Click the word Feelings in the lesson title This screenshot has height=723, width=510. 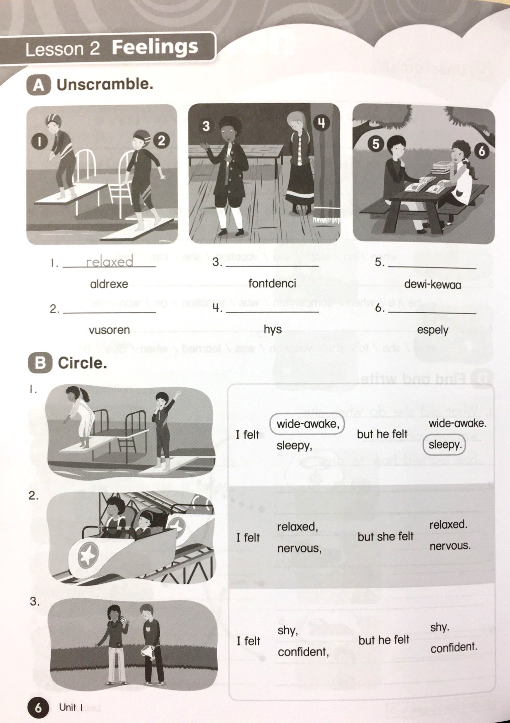(x=155, y=47)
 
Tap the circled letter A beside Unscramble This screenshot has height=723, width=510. (x=39, y=85)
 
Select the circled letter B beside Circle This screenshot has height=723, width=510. (x=40, y=363)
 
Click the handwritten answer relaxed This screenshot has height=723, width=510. (x=110, y=262)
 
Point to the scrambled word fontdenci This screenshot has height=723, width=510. (x=272, y=283)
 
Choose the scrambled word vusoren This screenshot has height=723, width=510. (x=109, y=330)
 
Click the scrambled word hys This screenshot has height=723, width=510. (x=273, y=329)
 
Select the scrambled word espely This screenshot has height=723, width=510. (x=432, y=330)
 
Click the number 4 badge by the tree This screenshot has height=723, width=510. (x=321, y=123)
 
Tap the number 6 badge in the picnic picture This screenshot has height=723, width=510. (x=481, y=151)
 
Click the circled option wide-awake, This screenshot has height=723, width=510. (x=307, y=424)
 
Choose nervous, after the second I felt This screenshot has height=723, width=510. (x=299, y=548)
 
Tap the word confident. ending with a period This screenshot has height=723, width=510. (x=454, y=647)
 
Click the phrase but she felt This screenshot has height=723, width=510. (x=385, y=536)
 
